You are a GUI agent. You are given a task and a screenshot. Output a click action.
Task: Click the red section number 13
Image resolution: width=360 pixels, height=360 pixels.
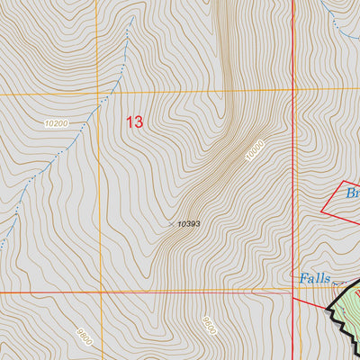click(134, 121)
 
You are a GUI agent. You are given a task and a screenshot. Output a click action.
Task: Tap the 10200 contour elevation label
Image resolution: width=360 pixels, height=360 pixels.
click(56, 123)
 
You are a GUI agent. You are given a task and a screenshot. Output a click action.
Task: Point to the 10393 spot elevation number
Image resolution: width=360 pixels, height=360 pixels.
click(188, 224)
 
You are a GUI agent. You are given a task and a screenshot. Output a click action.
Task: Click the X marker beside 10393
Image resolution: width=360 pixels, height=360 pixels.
click(170, 224)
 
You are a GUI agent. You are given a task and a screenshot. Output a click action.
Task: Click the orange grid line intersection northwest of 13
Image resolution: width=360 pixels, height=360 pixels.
click(100, 93)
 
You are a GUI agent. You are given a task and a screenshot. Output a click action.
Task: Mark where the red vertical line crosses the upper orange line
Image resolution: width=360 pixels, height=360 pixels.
click(293, 90)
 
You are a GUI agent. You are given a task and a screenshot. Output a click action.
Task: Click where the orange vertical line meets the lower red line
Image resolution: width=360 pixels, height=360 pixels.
click(100, 292)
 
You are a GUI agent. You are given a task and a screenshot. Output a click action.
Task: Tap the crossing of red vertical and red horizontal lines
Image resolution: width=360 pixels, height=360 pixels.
click(294, 291)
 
